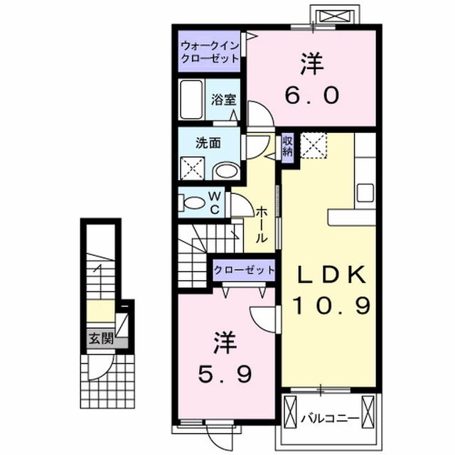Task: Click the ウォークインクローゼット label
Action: click(x=209, y=52)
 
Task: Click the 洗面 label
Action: click(x=208, y=142)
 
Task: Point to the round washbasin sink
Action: click(x=227, y=171)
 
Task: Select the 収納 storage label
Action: click(x=288, y=146)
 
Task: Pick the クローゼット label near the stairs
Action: click(x=244, y=270)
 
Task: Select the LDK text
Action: click(x=331, y=275)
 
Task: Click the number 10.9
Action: click(x=331, y=306)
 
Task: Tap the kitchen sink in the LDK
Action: click(x=365, y=192)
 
